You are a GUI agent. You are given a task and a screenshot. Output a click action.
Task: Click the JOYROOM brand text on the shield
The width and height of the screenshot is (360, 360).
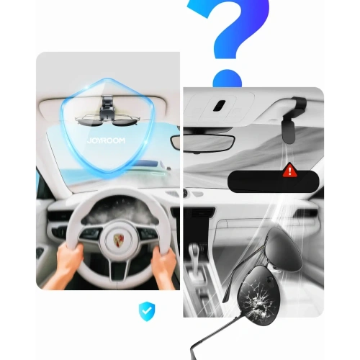point(106,140)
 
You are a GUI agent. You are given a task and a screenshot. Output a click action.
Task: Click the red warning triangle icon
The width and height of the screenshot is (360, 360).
point(290,170)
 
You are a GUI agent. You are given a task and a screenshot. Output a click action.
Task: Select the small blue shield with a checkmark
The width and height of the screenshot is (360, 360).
point(147,311)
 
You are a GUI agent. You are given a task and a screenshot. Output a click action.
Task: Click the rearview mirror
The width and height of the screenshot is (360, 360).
point(203,143)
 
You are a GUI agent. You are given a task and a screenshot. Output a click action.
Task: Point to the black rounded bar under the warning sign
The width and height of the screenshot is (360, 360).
point(273,181)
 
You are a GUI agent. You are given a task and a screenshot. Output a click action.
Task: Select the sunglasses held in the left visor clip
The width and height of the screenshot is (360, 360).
point(107,121)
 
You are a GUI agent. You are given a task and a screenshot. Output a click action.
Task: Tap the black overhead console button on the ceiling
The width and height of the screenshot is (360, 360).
point(219,105)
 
